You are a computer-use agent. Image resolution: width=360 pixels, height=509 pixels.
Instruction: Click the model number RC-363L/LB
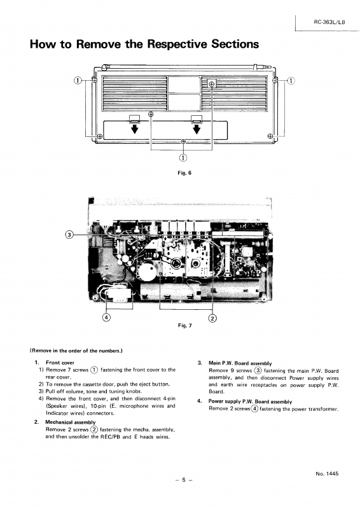(329, 22)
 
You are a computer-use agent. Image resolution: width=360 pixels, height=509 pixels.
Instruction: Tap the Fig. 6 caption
(184, 172)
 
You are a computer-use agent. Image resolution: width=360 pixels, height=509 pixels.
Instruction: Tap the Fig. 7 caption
(184, 325)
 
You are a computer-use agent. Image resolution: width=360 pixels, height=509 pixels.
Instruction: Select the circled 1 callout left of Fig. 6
(77, 81)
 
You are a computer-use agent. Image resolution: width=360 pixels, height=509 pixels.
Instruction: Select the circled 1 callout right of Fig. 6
(291, 81)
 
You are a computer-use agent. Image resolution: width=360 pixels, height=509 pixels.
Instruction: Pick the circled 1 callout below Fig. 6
(183, 158)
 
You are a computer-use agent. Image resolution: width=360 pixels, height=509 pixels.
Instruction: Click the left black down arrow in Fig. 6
(134, 129)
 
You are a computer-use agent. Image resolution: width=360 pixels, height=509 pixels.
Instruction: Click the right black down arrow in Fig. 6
(197, 129)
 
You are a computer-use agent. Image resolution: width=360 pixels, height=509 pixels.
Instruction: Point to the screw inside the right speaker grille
(212, 85)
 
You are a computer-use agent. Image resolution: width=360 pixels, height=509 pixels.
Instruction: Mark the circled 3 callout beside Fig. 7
(69, 235)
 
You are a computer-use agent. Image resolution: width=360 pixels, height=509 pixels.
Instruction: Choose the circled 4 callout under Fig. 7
(106, 317)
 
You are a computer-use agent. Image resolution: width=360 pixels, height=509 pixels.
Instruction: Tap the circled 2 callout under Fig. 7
(212, 318)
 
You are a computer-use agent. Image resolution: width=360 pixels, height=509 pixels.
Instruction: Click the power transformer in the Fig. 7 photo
(118, 295)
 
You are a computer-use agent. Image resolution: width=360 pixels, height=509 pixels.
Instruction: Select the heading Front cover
(60, 363)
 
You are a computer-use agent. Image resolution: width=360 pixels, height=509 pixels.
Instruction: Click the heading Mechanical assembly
(71, 422)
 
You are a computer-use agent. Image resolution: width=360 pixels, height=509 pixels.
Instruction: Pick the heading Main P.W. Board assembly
(240, 363)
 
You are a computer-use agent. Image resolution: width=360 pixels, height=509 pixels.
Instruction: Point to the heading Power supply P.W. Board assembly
(250, 401)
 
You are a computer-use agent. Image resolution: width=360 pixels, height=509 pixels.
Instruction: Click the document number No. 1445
(327, 473)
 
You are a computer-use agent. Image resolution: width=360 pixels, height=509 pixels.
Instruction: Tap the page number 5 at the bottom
(183, 480)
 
